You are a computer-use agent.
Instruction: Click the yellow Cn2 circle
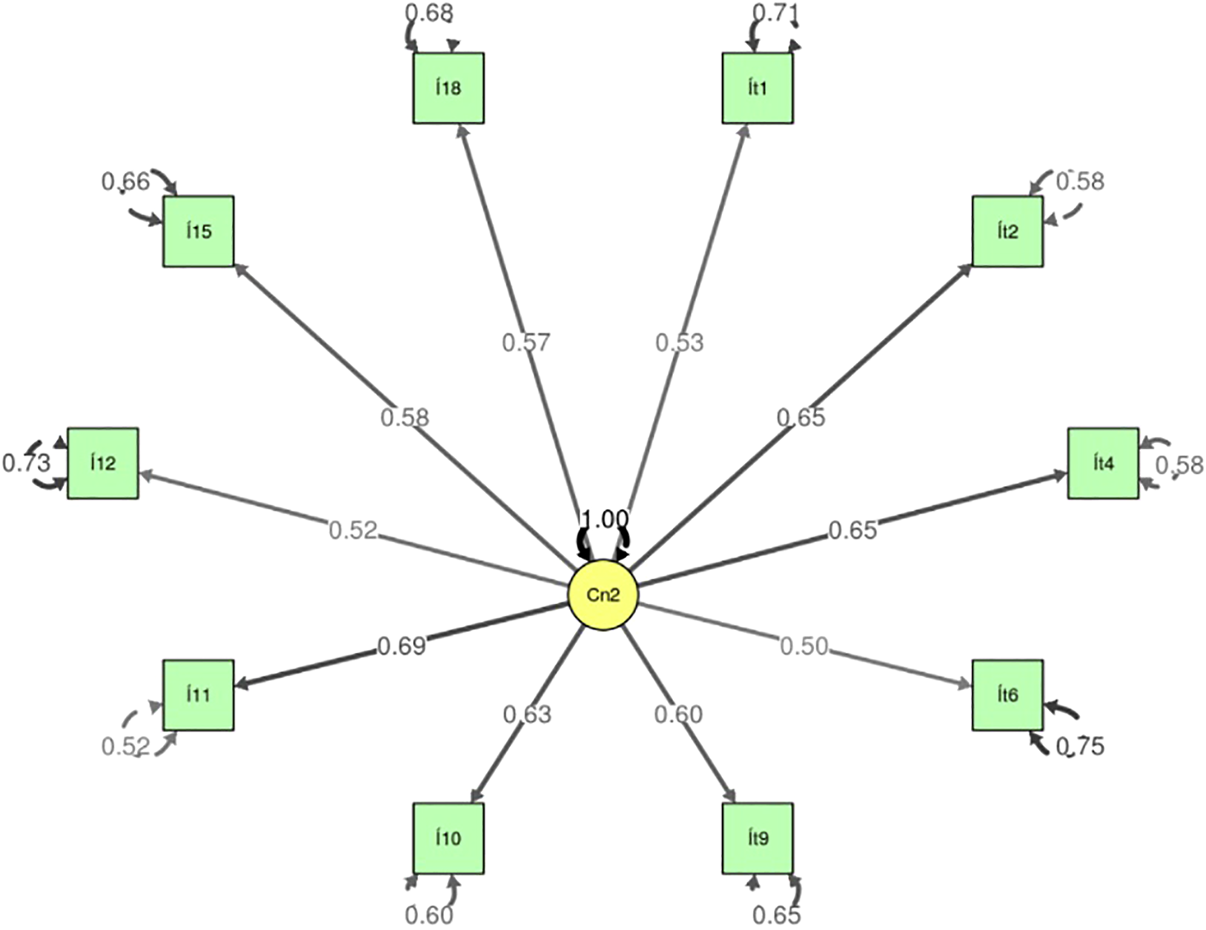click(x=603, y=595)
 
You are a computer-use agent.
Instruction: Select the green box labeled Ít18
click(x=448, y=88)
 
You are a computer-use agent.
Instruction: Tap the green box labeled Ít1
click(x=758, y=88)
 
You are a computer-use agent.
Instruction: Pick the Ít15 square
click(x=199, y=231)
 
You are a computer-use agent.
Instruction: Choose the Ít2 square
click(x=1007, y=231)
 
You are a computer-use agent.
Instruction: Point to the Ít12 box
click(x=103, y=463)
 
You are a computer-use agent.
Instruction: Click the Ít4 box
click(x=1103, y=463)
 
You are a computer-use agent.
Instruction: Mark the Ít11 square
click(x=199, y=695)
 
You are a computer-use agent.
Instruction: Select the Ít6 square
click(x=1007, y=695)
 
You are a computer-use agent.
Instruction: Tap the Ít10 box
click(x=448, y=838)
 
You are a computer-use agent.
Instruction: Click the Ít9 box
click(x=758, y=838)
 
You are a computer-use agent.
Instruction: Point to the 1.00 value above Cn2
click(x=604, y=519)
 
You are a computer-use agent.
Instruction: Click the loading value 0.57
click(x=526, y=342)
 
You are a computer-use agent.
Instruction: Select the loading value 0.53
click(x=679, y=342)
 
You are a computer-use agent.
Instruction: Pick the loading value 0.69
click(x=402, y=646)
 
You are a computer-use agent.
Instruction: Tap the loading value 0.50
click(x=804, y=646)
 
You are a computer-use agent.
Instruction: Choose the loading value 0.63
click(x=527, y=714)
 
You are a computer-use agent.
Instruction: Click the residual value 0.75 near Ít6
click(x=1080, y=746)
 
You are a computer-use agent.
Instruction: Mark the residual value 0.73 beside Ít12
click(x=27, y=463)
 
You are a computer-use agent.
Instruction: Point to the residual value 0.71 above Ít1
click(x=774, y=13)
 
